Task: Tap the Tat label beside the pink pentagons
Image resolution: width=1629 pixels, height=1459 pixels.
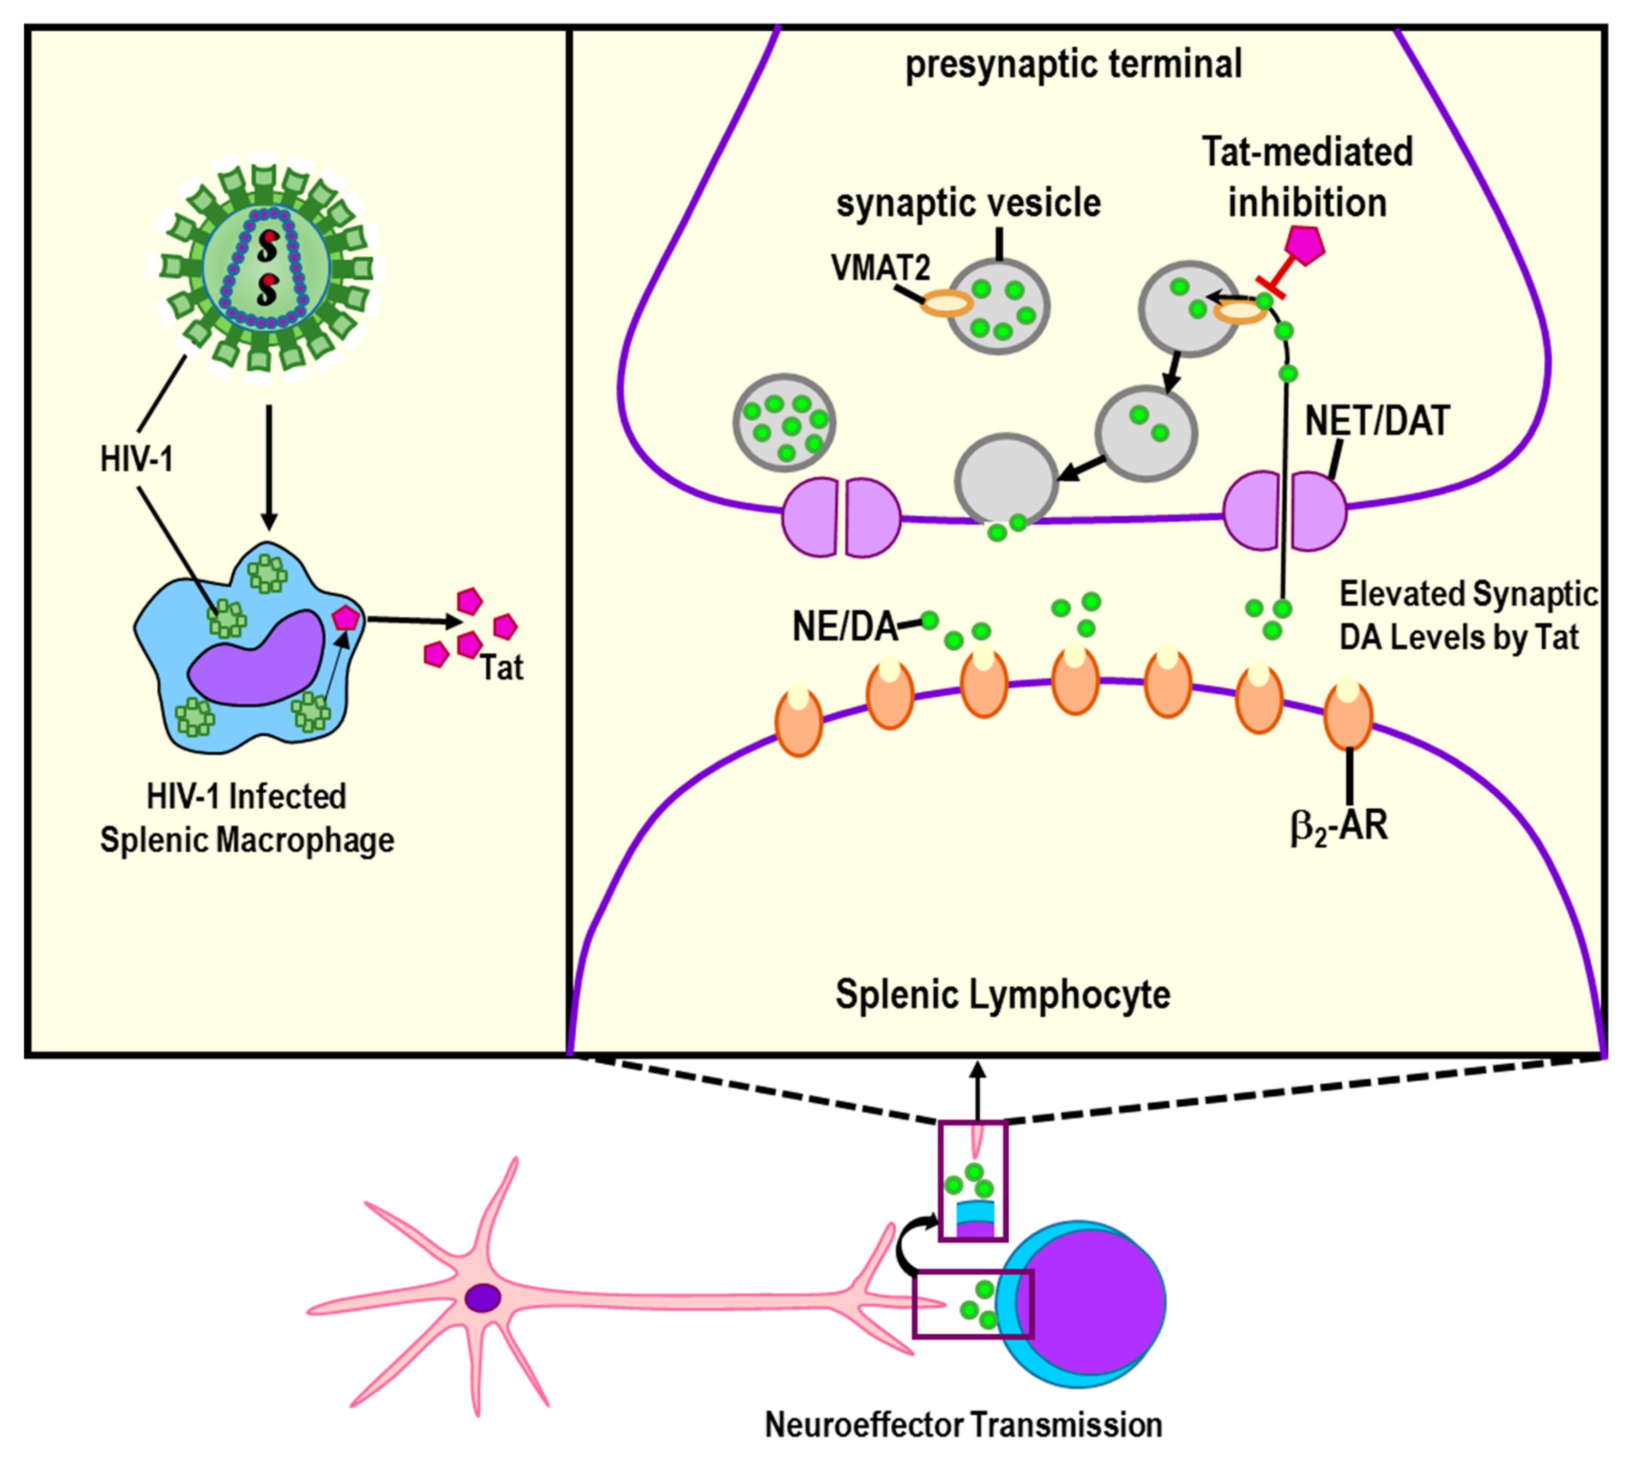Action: (502, 668)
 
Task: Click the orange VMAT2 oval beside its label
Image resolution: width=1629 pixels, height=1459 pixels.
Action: (946, 303)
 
